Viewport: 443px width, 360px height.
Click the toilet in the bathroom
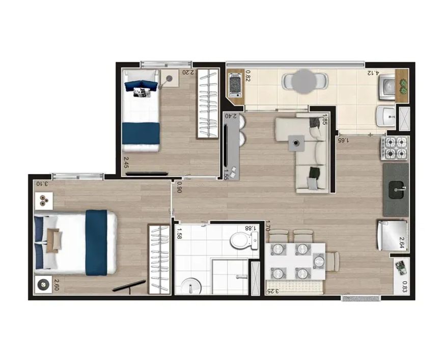point(244,240)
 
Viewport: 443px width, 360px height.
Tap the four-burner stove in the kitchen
point(394,148)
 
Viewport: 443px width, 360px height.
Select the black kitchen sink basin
point(398,190)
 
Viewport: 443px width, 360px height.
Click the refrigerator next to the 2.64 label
point(392,235)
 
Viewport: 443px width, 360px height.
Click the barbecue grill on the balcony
point(235,85)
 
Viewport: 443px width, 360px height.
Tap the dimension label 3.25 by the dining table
point(272,291)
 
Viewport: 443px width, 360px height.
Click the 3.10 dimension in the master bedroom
point(42,184)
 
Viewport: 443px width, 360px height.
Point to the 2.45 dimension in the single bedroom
point(126,163)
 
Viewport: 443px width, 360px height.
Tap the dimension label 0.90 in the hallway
point(179,187)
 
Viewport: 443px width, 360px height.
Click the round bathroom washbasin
point(191,287)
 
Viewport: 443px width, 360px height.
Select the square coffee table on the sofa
point(296,143)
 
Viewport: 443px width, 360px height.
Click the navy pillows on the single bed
point(141,85)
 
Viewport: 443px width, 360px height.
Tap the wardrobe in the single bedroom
point(208,104)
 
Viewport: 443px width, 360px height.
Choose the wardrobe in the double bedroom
point(159,259)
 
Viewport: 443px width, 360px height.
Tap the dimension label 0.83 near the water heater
point(405,287)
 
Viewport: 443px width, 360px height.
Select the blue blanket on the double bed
point(96,242)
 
